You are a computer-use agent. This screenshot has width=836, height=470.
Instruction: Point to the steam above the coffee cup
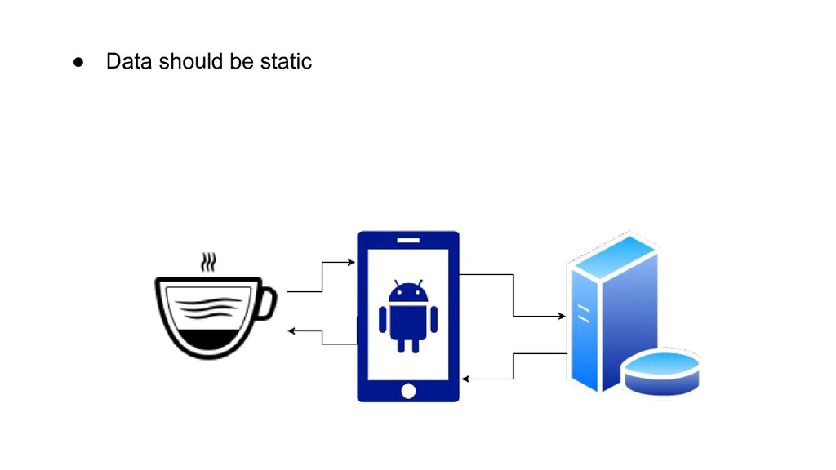point(210,263)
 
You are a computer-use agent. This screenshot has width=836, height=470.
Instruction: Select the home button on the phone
point(408,391)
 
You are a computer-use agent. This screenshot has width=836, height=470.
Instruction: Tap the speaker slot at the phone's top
point(408,240)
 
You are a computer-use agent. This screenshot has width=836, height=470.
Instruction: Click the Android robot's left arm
point(382,319)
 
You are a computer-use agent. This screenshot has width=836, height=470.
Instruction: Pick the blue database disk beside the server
point(661,372)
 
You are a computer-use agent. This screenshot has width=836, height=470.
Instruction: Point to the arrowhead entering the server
point(562,316)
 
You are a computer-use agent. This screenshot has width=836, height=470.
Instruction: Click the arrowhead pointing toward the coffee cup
point(292,330)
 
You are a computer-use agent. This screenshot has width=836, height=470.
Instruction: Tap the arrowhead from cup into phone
point(352,263)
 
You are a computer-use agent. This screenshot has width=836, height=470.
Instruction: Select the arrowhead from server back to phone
point(465,379)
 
